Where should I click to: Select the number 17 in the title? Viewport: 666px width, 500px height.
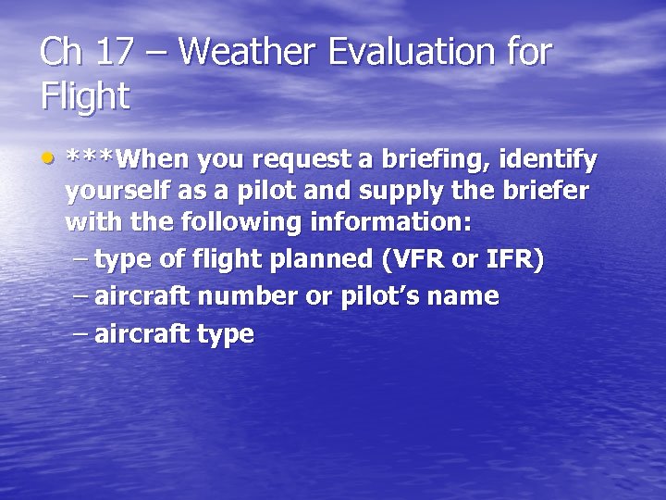point(112,52)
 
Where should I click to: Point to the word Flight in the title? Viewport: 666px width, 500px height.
point(84,96)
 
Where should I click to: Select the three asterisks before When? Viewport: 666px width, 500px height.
point(92,158)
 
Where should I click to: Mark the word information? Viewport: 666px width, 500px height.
point(392,222)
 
